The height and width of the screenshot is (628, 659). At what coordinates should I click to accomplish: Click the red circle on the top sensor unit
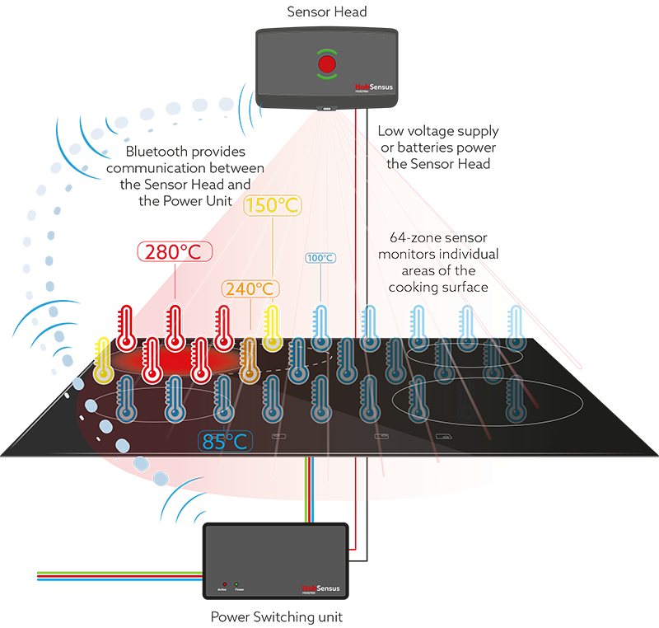(327, 64)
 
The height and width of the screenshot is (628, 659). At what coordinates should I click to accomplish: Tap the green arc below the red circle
(327, 80)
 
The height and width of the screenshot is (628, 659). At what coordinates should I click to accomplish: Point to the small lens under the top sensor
(327, 109)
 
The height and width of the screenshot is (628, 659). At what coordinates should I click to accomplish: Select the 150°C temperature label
(272, 206)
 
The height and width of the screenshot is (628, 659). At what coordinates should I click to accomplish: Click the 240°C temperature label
(250, 288)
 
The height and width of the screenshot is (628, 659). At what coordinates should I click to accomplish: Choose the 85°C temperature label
(225, 441)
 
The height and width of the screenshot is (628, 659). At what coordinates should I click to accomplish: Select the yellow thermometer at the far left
(103, 359)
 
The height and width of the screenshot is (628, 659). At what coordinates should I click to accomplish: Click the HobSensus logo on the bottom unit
(321, 588)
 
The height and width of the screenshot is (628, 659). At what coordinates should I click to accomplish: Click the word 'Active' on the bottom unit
(222, 590)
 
